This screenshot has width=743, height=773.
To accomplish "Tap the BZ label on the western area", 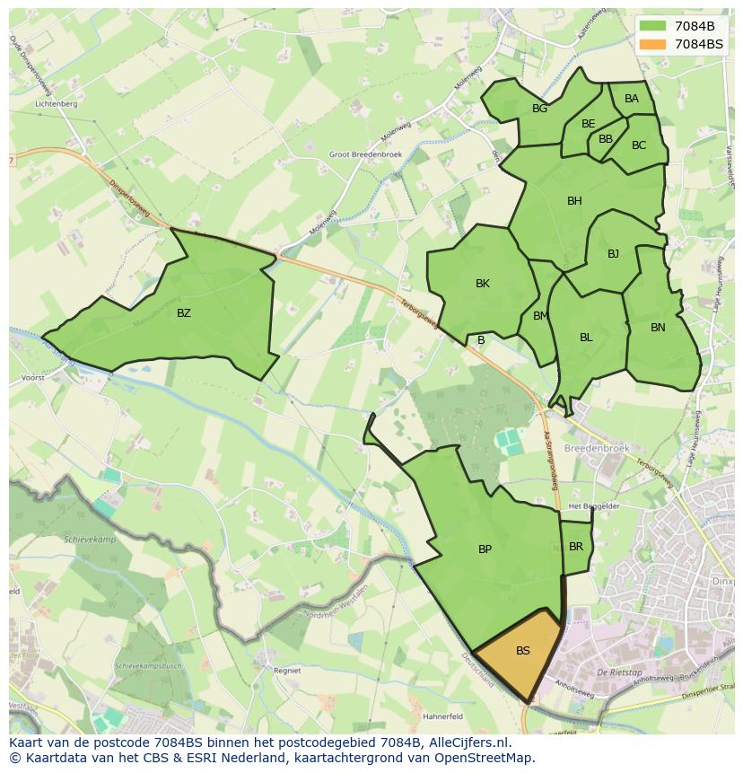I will point(184,313).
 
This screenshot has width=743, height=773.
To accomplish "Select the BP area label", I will point(485,549).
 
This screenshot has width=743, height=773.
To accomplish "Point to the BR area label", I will point(576,547).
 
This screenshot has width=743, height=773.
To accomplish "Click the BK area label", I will point(483,284).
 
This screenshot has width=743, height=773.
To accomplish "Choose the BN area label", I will point(658,328).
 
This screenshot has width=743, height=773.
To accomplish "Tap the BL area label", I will point(586,338).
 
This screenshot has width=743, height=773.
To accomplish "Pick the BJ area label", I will point(613,254).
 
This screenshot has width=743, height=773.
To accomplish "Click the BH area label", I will point(574,201).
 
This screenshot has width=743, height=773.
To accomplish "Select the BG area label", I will point(539,109).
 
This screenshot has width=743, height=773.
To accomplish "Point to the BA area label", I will point(632,99).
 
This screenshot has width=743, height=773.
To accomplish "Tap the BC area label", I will point(639,145).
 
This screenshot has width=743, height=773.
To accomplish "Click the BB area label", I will point(606,139).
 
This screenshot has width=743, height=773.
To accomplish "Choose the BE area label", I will point(588,124).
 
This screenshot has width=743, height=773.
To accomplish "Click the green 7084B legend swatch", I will point(653,25).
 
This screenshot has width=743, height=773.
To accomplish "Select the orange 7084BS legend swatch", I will point(653,43).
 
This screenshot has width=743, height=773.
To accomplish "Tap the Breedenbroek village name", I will point(597,447).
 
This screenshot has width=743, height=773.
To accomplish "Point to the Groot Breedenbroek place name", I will point(366,154).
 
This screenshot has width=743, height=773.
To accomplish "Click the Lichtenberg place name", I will point(56,104).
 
